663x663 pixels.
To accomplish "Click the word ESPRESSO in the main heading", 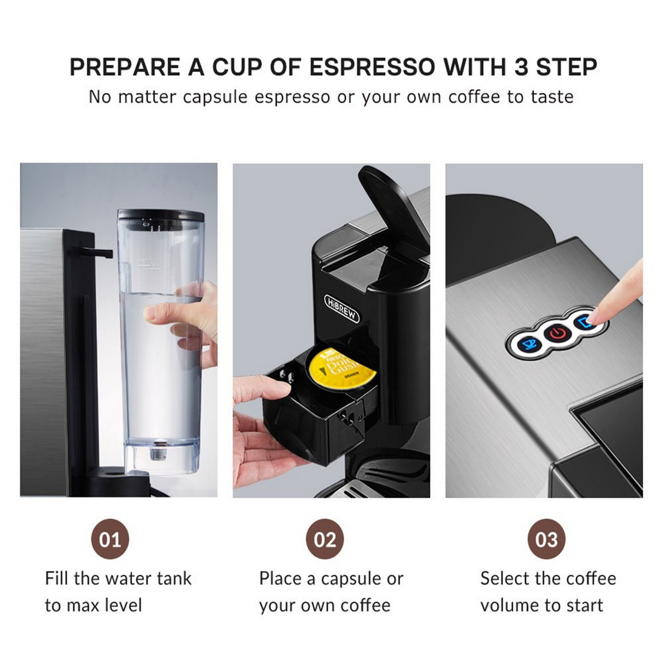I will pyautogui.click(x=372, y=67).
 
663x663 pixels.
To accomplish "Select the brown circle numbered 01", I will pyautogui.click(x=109, y=539).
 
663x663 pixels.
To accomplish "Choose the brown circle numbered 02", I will pyautogui.click(x=325, y=539).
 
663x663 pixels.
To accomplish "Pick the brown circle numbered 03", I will pyautogui.click(x=546, y=539).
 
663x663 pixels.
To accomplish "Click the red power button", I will pyautogui.click(x=558, y=333).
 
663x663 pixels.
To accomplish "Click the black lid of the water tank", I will pyautogui.click(x=160, y=215).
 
